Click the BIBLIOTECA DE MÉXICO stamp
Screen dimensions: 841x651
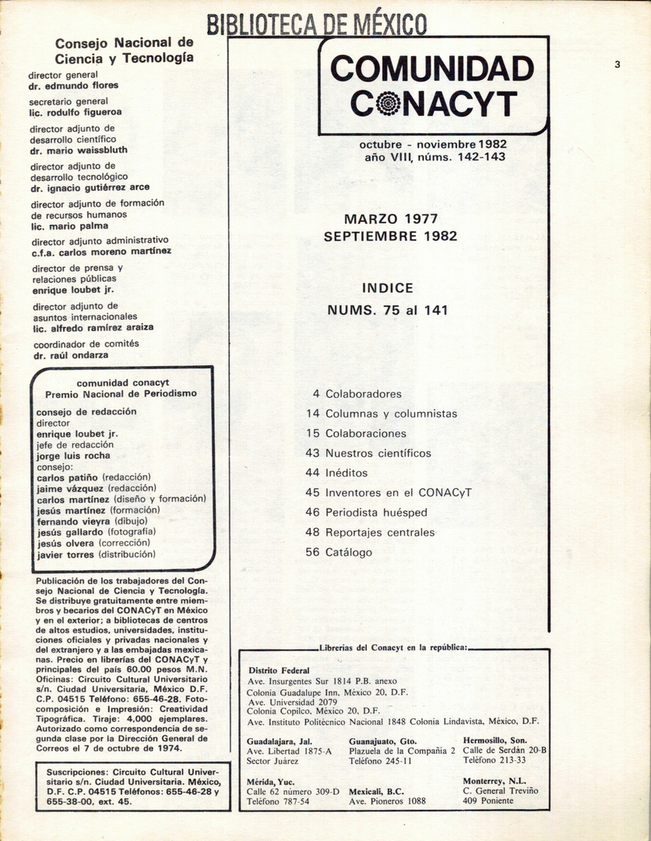pyautogui.click(x=316, y=23)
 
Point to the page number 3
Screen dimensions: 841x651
pyautogui.click(x=617, y=65)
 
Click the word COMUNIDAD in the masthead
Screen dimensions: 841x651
pyautogui.click(x=432, y=69)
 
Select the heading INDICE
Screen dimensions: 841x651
pyautogui.click(x=388, y=288)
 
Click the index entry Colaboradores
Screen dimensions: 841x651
pyautogui.click(x=363, y=394)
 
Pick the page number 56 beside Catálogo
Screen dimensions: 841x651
pyautogui.click(x=313, y=553)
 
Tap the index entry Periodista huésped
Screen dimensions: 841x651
pyautogui.click(x=376, y=512)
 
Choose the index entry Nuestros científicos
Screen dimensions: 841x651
pyautogui.click(x=378, y=453)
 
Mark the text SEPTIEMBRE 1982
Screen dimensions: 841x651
pyautogui.click(x=390, y=236)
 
